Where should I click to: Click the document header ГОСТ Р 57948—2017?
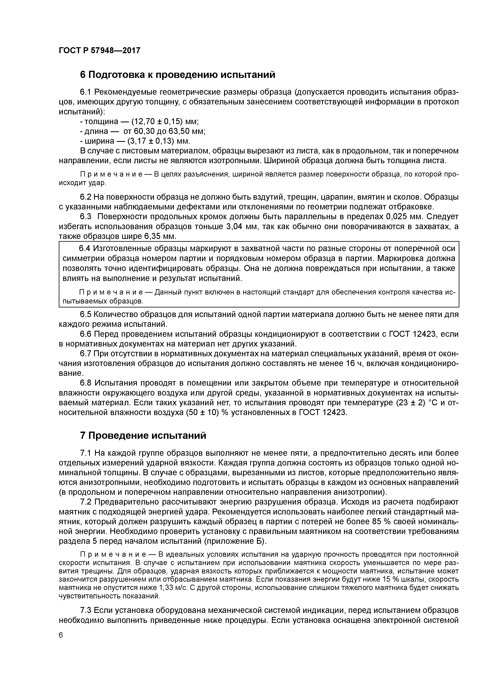pyautogui.click(x=100, y=50)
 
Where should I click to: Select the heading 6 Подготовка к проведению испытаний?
pyautogui.click(x=177, y=75)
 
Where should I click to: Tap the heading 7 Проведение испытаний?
pyautogui.click(x=143, y=436)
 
